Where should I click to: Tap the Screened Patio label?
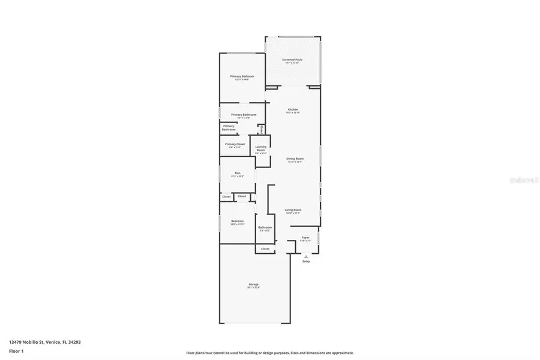pyautogui.click(x=292, y=61)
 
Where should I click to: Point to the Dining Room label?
pyautogui.click(x=295, y=160)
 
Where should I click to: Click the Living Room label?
pyautogui.click(x=293, y=211)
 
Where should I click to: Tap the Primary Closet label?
pyautogui.click(x=235, y=145)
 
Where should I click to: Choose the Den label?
pyautogui.click(x=238, y=175)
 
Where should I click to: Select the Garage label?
pyautogui.click(x=254, y=285)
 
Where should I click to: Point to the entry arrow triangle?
pyautogui.click(x=306, y=256)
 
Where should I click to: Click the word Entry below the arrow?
pyautogui.click(x=306, y=262)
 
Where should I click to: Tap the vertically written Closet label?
pyautogui.click(x=262, y=128)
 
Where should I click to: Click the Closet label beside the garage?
pyautogui.click(x=265, y=248)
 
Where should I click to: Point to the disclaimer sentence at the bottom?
pyautogui.click(x=270, y=353)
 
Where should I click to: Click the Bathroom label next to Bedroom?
pyautogui.click(x=265, y=228)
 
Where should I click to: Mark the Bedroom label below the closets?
pyautogui.click(x=238, y=222)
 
